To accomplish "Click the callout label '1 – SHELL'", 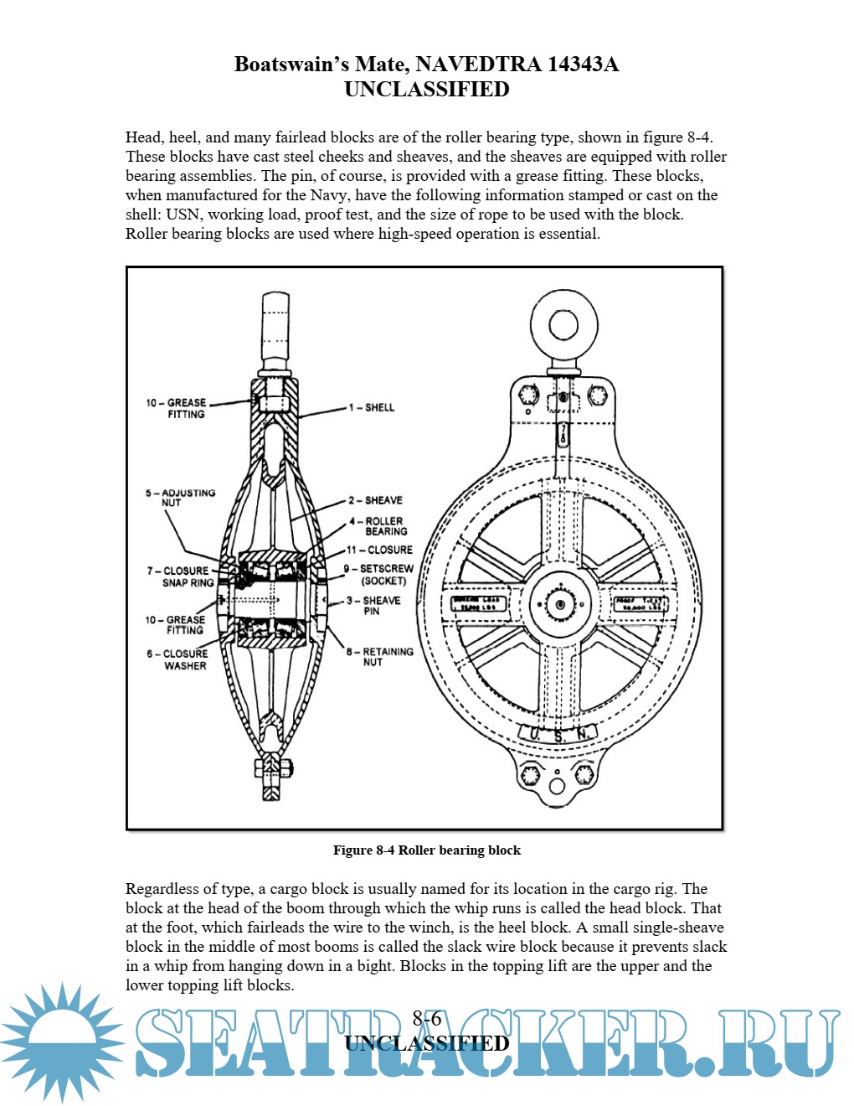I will click(372, 408).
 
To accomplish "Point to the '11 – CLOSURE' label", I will click(380, 550).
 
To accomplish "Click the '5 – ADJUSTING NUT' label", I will click(180, 498).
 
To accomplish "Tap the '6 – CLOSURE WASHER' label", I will click(177, 659).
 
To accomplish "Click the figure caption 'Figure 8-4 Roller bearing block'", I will click(427, 850).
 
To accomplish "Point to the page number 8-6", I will click(427, 1019).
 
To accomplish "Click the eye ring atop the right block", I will click(564, 324).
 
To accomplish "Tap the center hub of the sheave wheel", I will click(559, 604).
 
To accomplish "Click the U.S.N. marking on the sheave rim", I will click(559, 736).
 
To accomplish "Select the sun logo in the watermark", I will click(62, 1042).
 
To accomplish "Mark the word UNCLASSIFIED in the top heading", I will click(427, 90).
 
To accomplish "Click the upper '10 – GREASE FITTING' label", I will click(177, 408).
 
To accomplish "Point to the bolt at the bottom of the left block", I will click(273, 768).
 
